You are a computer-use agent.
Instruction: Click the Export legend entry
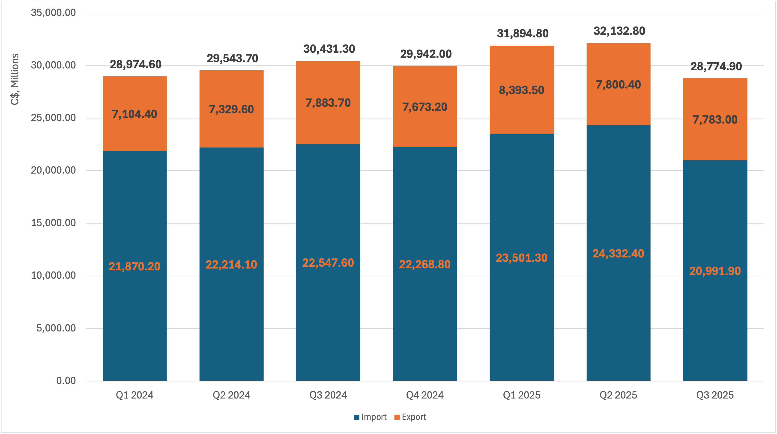(410, 417)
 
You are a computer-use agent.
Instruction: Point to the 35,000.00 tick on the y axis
(53, 13)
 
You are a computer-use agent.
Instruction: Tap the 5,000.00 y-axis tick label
(56, 328)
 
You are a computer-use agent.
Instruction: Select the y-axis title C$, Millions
(15, 79)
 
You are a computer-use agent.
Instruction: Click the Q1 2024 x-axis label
(134, 395)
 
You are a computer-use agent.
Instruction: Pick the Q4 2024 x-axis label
(425, 395)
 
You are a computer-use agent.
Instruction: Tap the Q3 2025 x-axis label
(715, 395)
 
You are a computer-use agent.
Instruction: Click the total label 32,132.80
(619, 31)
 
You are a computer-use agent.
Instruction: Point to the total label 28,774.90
(716, 66)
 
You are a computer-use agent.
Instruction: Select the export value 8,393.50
(522, 90)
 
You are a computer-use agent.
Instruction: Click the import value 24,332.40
(618, 254)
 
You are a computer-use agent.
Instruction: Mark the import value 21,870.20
(134, 266)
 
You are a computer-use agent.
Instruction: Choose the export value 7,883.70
(328, 103)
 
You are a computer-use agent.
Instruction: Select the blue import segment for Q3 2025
(715, 316)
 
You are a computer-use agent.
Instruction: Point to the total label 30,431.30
(329, 49)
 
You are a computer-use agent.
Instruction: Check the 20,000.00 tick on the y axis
(53, 170)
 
